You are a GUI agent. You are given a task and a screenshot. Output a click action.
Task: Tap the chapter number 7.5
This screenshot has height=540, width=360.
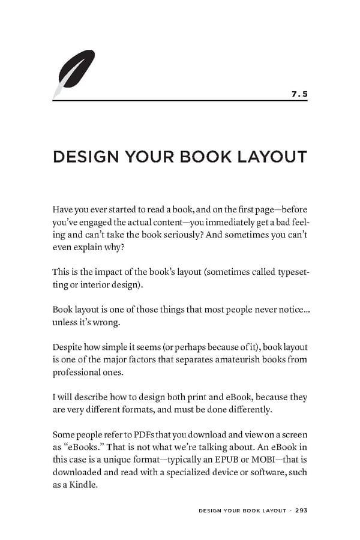click(x=299, y=94)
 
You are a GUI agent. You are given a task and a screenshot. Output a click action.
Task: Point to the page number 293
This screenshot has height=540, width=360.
click(x=301, y=511)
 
